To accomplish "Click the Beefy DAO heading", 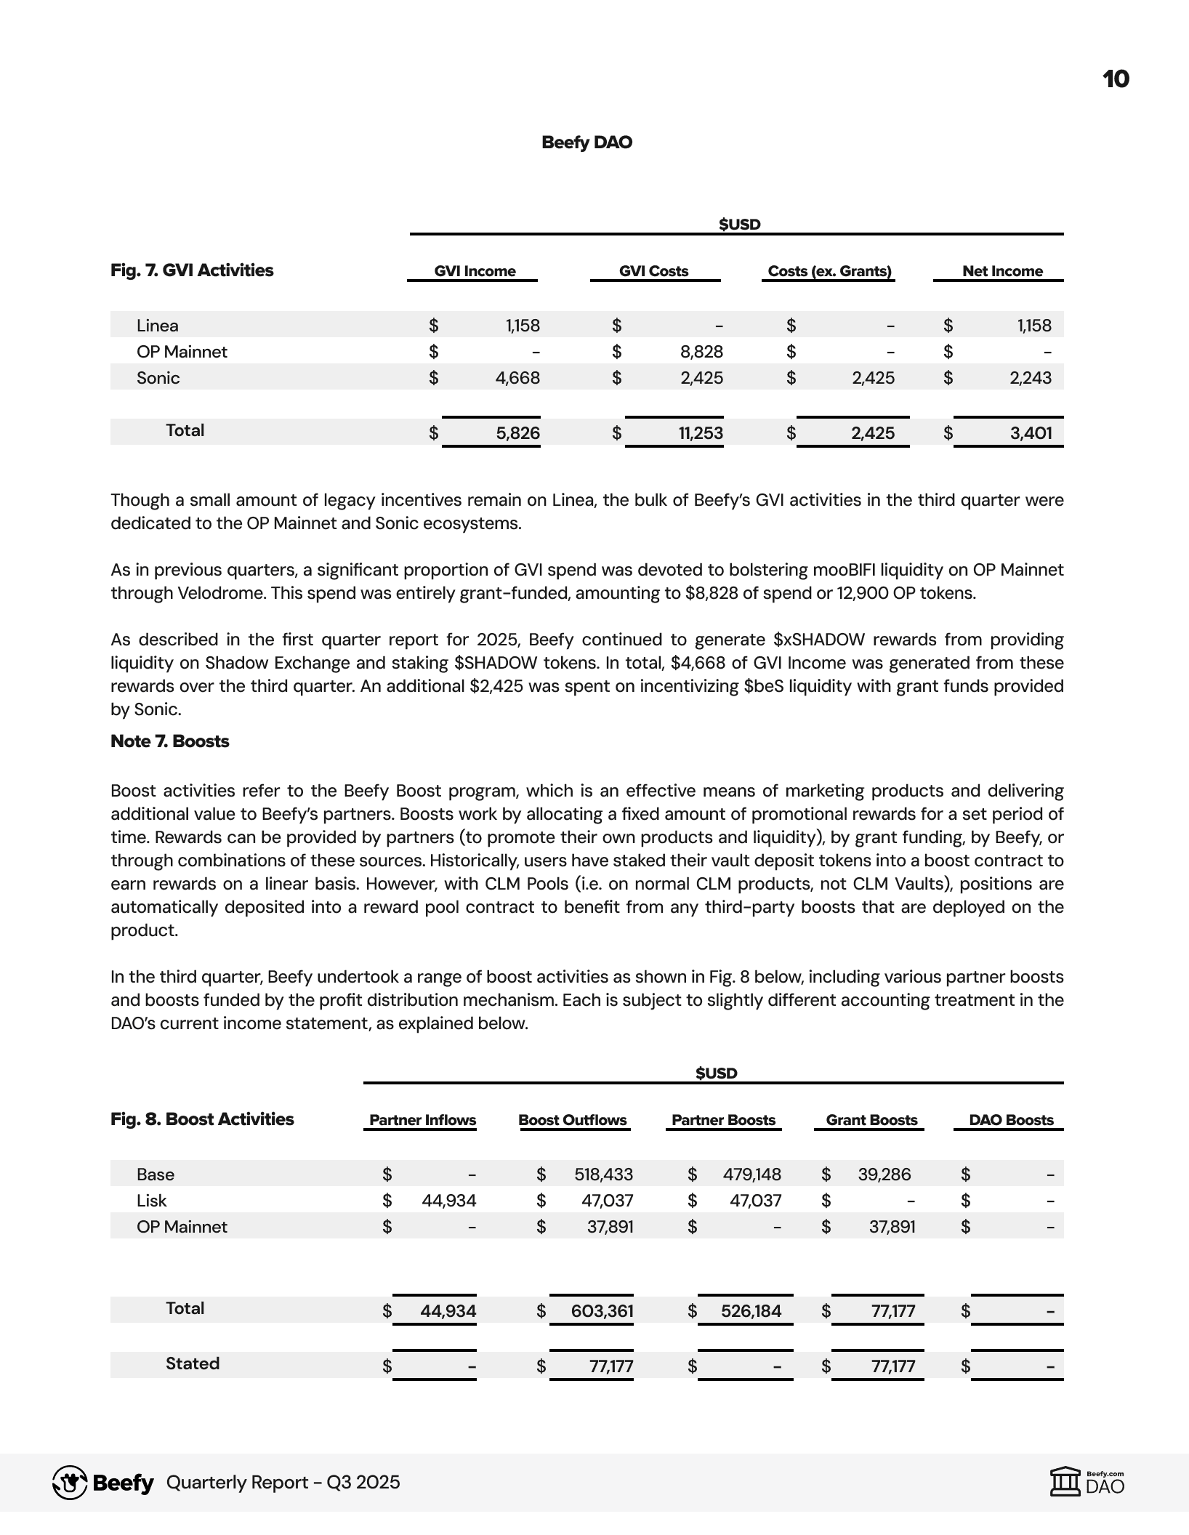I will coord(587,142).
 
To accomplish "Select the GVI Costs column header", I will coord(653,271).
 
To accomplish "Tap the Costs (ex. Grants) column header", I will coord(829,271).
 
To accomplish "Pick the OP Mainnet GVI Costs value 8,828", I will coord(701,352).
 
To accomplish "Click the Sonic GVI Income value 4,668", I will coord(517,378).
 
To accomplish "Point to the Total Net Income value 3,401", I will coord(1031,433).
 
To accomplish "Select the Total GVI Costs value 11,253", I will coord(701,433).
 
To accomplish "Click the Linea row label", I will coord(158,326).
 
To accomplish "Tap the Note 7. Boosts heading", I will coord(169,741).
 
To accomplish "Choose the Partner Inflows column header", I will coord(422,1120).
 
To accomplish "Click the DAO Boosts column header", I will coord(1011,1120).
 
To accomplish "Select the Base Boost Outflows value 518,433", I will coord(603,1175).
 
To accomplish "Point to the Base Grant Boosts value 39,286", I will coord(884,1175).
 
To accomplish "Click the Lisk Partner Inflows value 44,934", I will coord(449,1201).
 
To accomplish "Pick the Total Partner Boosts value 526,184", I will coord(751,1311).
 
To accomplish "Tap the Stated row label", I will coord(193,1363).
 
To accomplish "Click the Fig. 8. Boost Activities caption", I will coord(202,1119).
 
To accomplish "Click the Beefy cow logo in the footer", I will coord(70,1483).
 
